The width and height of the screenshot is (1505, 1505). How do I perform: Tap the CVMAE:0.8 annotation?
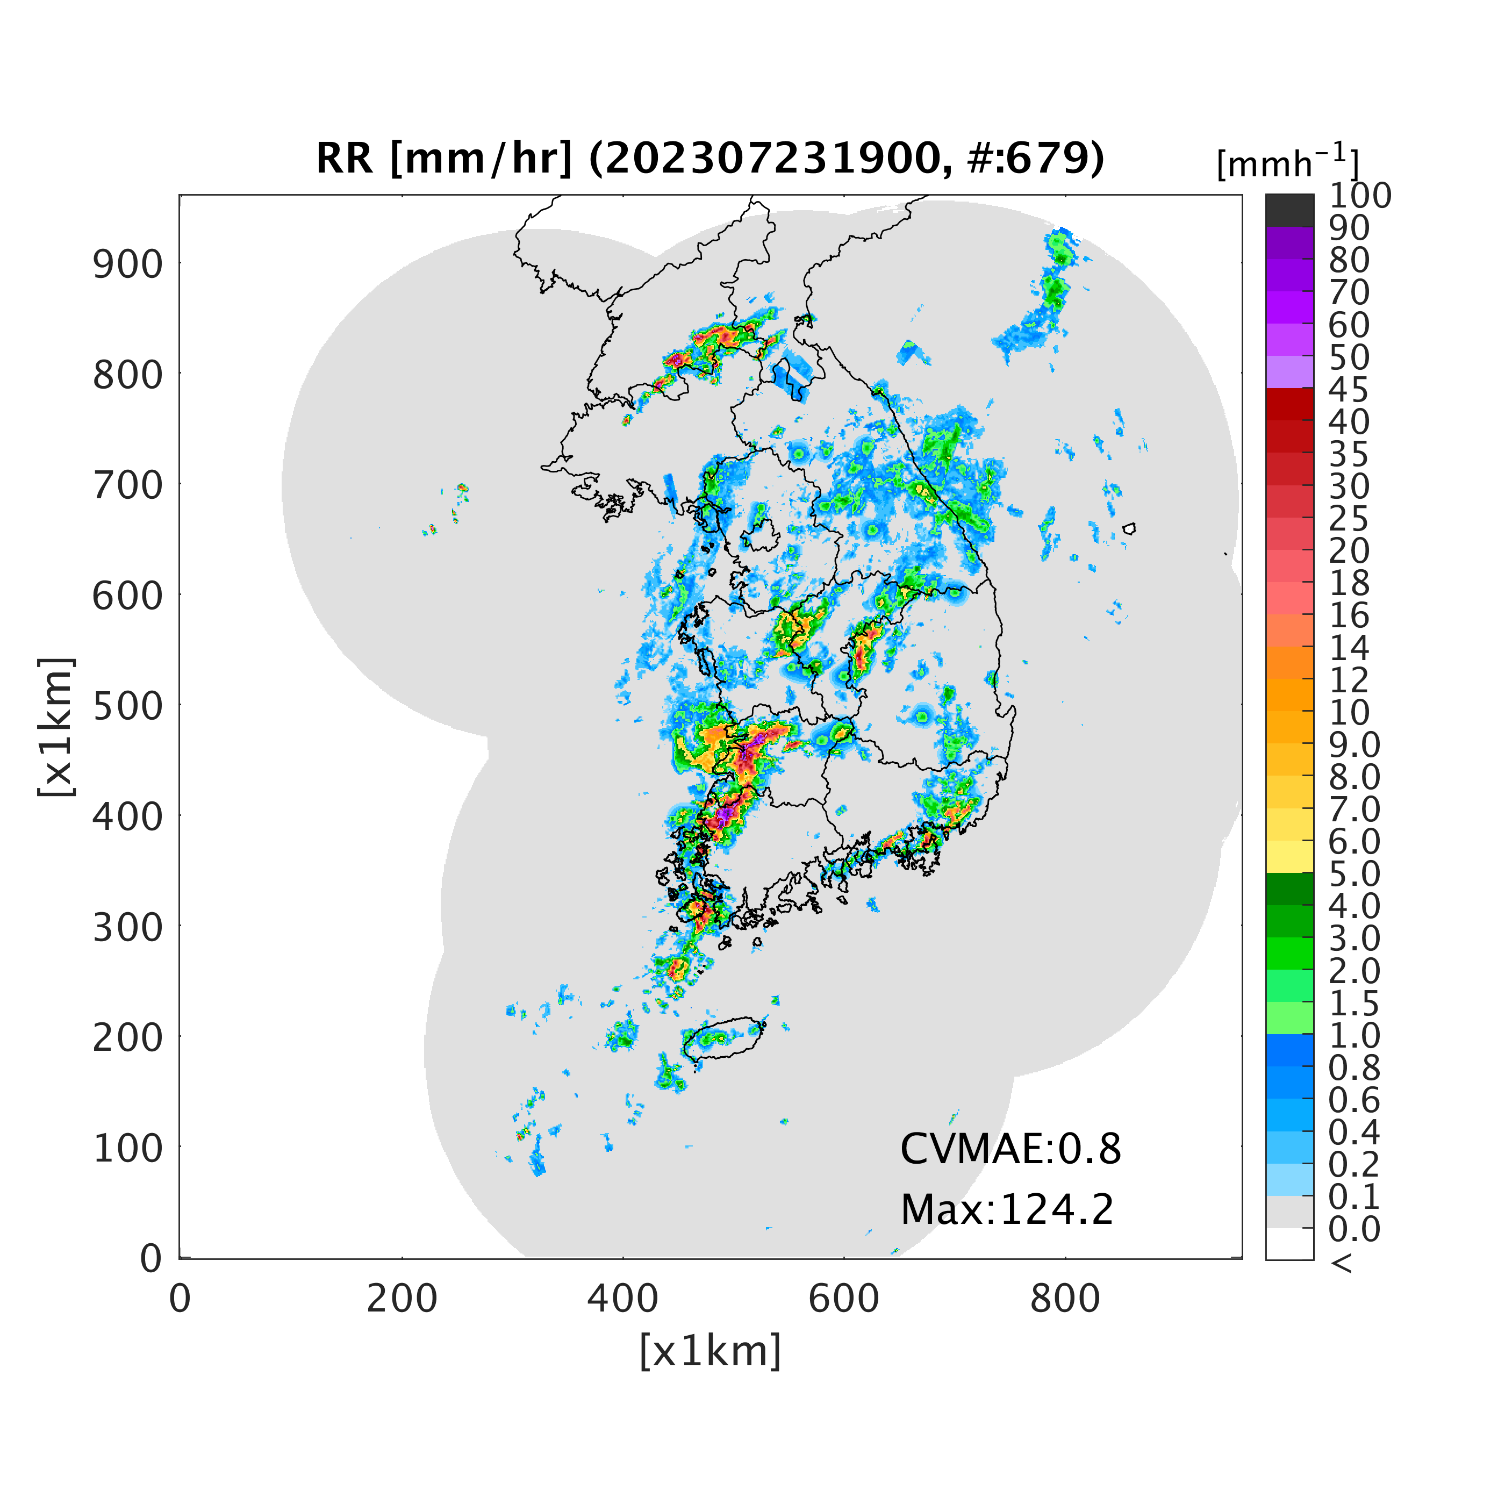click(x=1010, y=1149)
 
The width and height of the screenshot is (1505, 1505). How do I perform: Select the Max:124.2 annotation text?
click(x=1007, y=1210)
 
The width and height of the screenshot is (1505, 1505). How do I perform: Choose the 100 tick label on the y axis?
click(x=128, y=1148)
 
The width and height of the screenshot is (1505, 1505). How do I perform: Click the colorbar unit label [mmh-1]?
click(x=1288, y=162)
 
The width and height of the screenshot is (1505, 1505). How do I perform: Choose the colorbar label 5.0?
click(x=1354, y=873)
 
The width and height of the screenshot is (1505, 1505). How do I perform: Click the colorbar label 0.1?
click(x=1354, y=1196)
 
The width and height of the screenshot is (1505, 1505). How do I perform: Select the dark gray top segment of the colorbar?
click(x=1289, y=210)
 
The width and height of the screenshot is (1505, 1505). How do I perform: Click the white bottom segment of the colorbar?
click(x=1289, y=1243)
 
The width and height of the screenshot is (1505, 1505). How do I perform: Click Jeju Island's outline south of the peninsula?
click(x=723, y=1019)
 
